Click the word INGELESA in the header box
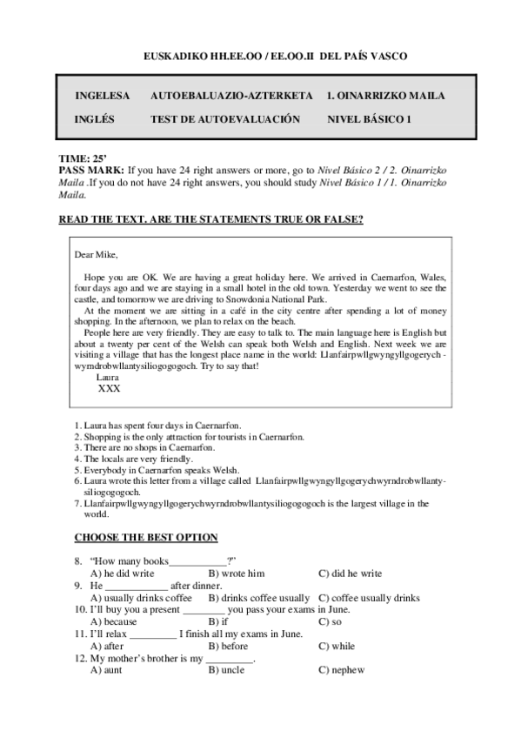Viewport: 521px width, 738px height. pos(103,96)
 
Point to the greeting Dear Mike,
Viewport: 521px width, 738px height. pos(96,255)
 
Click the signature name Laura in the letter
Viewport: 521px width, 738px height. pos(108,378)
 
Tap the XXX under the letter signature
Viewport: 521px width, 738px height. pos(110,389)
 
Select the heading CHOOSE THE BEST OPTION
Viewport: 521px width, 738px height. pos(146,538)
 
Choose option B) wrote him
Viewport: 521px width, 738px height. pos(237,574)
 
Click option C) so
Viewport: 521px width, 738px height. pos(330,622)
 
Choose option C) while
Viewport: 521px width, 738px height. pos(337,647)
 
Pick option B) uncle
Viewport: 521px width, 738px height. pos(226,671)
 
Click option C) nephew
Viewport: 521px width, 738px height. pos(341,671)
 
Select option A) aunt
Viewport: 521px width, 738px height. pos(106,671)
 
